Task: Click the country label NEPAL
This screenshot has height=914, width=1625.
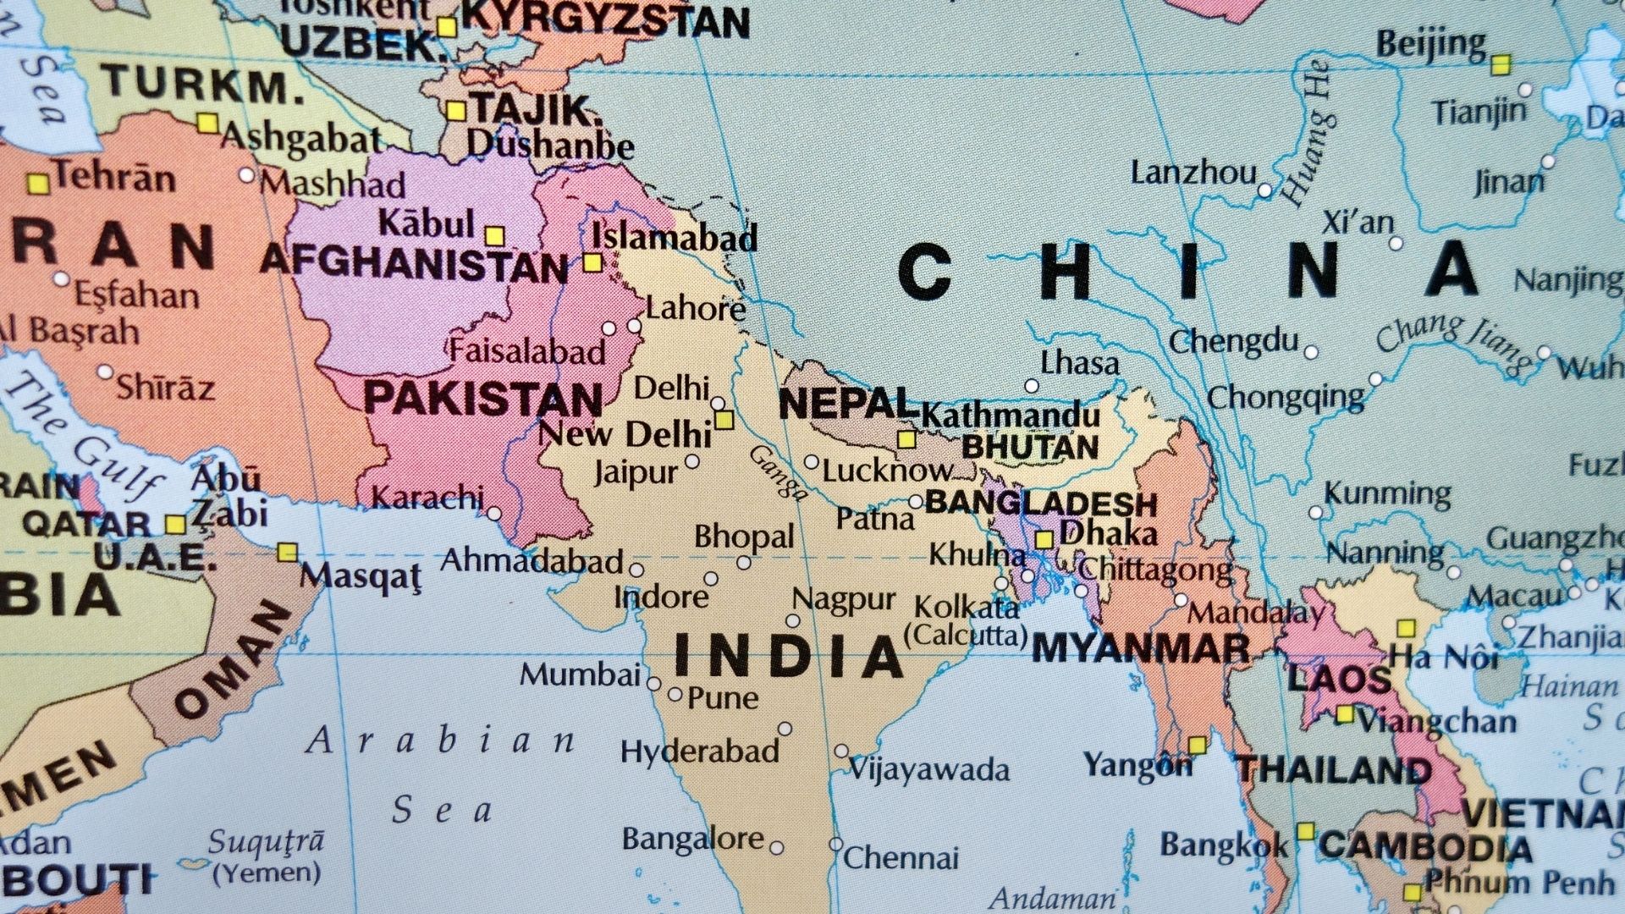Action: coord(846,404)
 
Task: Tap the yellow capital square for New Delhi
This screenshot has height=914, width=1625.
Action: coord(724,420)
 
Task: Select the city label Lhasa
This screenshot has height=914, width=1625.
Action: coord(1079,363)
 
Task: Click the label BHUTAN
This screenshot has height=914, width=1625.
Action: coord(1030,447)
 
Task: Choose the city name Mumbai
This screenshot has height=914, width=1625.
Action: coord(580,675)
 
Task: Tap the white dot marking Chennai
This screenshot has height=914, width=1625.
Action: coord(835,845)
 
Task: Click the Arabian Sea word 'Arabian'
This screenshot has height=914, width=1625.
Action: coord(440,741)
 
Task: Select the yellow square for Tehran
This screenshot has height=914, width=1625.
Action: coord(37,184)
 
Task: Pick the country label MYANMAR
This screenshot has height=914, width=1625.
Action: coord(1140,649)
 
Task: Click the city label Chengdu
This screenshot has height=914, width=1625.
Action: coord(1233,342)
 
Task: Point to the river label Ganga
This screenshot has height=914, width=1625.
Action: coord(778,473)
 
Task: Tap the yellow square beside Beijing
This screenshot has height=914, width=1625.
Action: coord(1501,64)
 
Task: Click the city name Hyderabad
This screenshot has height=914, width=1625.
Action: coord(699,752)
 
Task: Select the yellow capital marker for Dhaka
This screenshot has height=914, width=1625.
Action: coord(1044,539)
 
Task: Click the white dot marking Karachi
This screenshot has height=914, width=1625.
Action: coord(494,514)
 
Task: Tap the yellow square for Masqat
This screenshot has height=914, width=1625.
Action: coord(288,553)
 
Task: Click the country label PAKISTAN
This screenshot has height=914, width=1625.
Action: coord(482,399)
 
